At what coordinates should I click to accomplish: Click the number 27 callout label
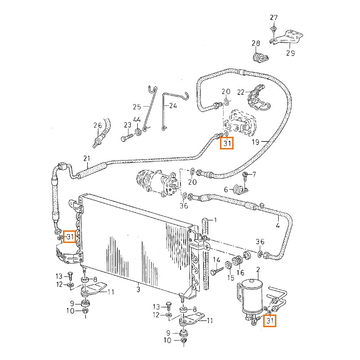tap(274, 18)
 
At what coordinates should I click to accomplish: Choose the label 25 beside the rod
tap(137, 107)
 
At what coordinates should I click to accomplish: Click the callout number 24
tap(173, 107)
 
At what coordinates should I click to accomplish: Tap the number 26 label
tap(98, 125)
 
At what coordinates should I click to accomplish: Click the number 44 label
tap(137, 120)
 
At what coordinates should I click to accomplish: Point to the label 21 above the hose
tap(87, 158)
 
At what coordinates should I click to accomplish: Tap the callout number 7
tap(254, 174)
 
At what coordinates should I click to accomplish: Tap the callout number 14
tap(216, 260)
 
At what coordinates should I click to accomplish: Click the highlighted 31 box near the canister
tap(270, 321)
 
